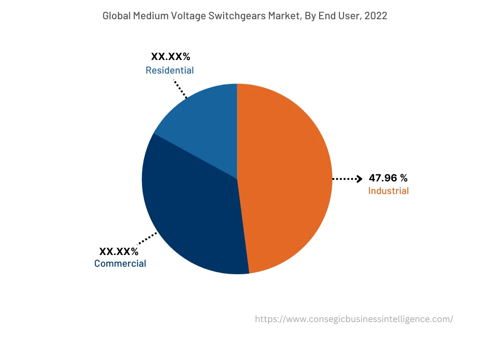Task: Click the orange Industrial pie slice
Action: pyautogui.click(x=286, y=178)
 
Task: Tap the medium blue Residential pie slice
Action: pyautogui.click(x=206, y=122)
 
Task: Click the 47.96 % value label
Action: pyautogui.click(x=388, y=178)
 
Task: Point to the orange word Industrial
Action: pyautogui.click(x=388, y=191)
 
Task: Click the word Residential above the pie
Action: pyautogui.click(x=169, y=70)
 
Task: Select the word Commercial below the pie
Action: pyautogui.click(x=120, y=263)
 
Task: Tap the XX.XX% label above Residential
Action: pyautogui.click(x=170, y=57)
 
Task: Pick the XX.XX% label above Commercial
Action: pyautogui.click(x=119, y=251)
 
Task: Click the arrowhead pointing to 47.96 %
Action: pyautogui.click(x=360, y=179)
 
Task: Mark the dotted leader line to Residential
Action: pyautogui.click(x=180, y=89)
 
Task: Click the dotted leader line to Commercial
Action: pyautogui.click(x=147, y=239)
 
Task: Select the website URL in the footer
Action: pyautogui.click(x=354, y=319)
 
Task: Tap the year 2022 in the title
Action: pyautogui.click(x=376, y=15)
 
